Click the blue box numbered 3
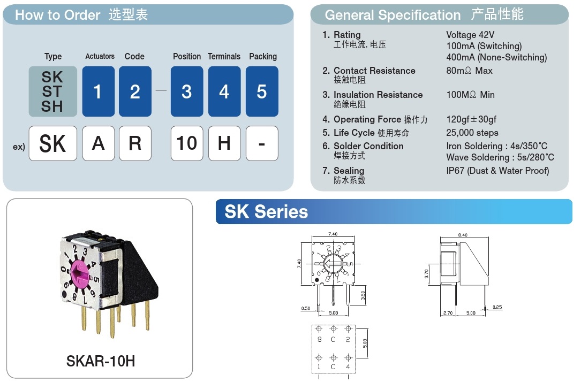coord(186,91)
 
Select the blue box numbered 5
coord(262,91)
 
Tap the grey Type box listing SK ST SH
coord(52,91)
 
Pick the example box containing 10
coord(186,143)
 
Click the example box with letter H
coord(224,143)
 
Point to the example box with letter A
coord(99,143)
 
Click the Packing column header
coord(263,56)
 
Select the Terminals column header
coord(224,56)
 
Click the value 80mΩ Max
coord(469,71)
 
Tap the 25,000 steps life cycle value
coord(472,133)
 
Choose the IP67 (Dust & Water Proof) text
coord(497,171)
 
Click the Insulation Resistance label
coord(378,95)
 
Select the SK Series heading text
coord(266,212)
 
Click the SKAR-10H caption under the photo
coord(101,362)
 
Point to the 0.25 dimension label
coord(497,307)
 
